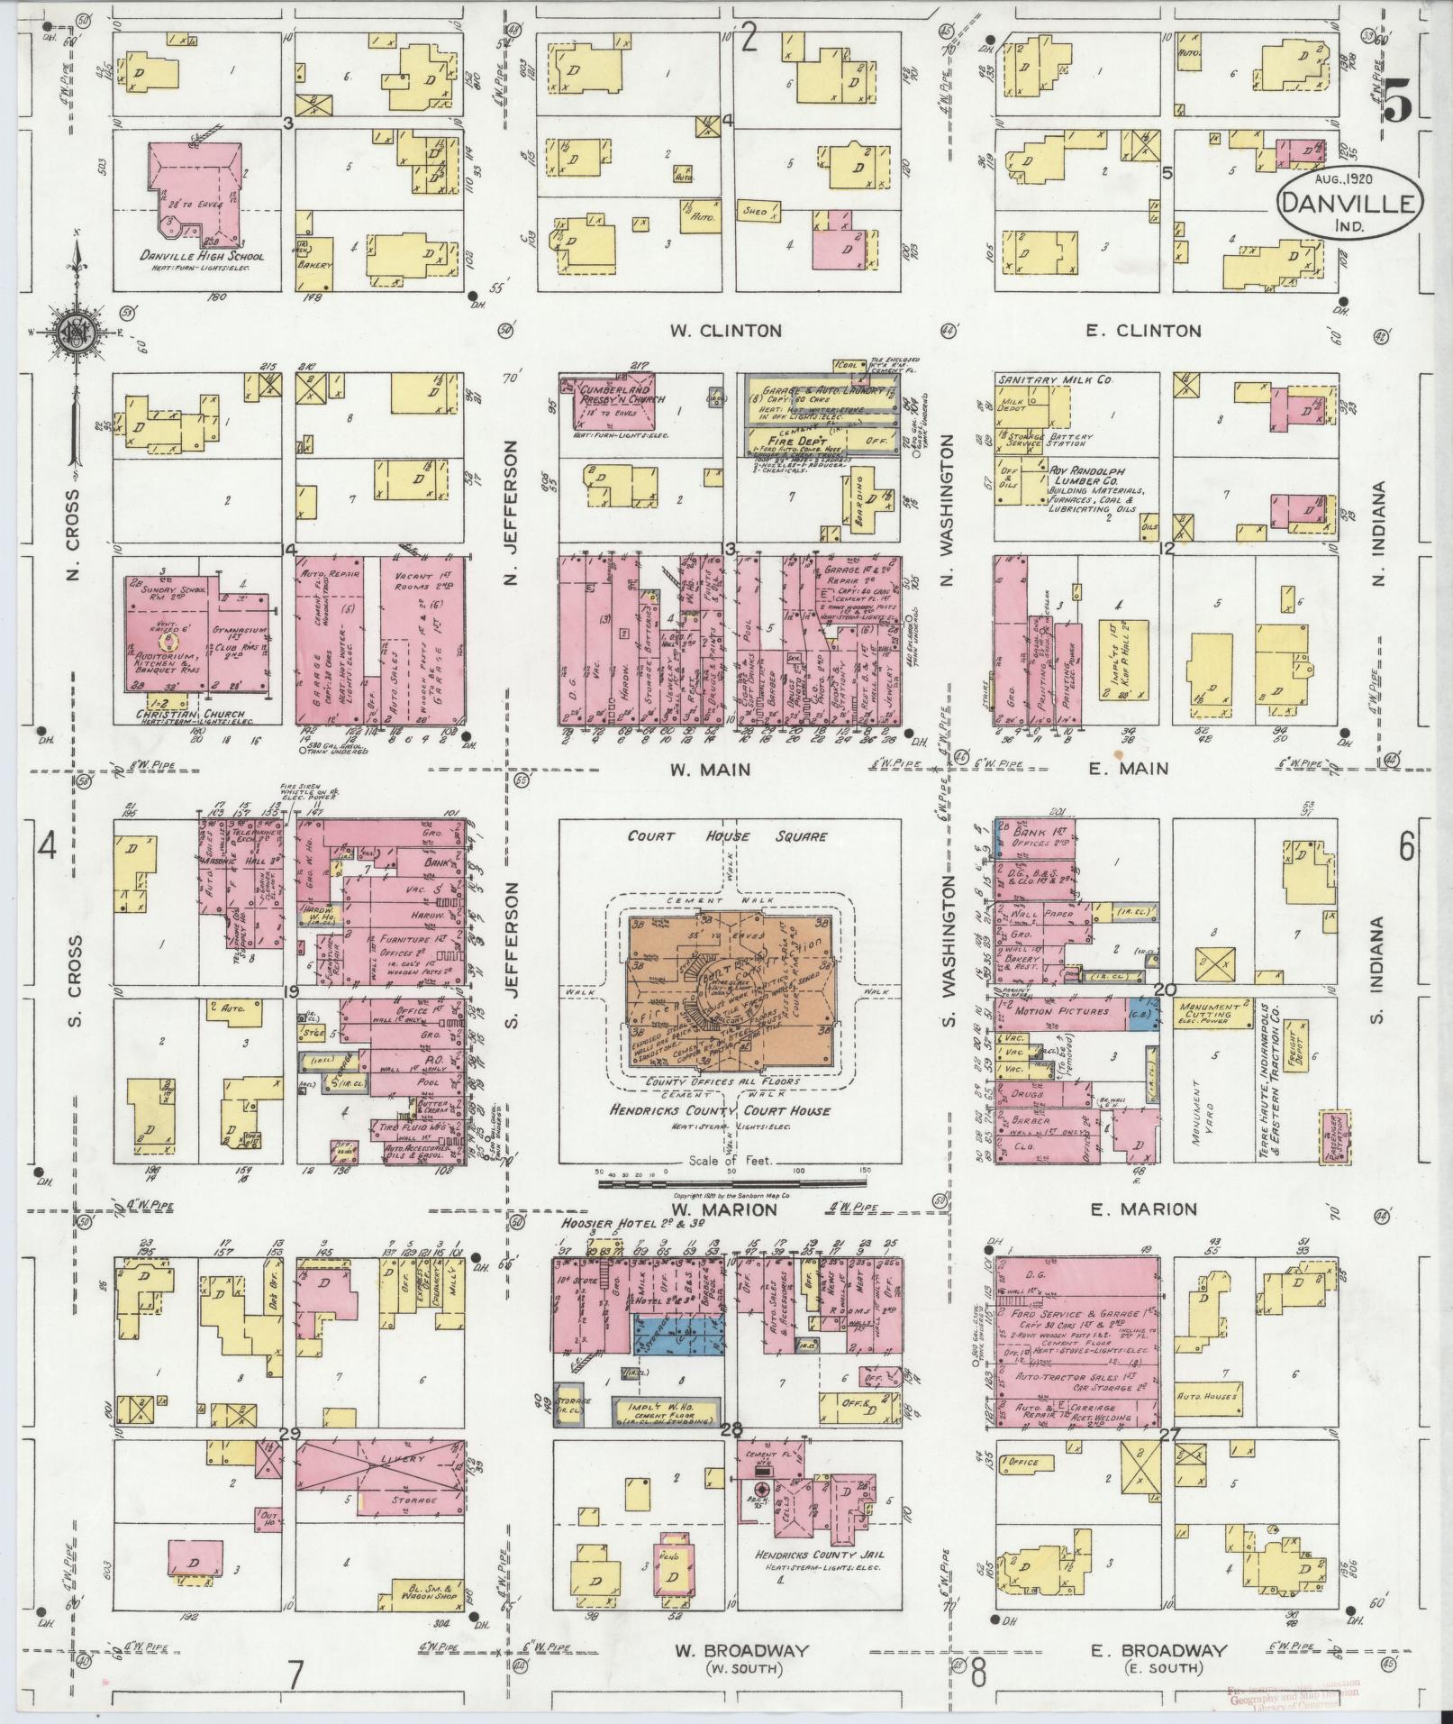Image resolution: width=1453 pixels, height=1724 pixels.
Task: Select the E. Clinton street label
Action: (x=1143, y=331)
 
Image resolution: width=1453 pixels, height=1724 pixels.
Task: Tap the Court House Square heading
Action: (x=728, y=835)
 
